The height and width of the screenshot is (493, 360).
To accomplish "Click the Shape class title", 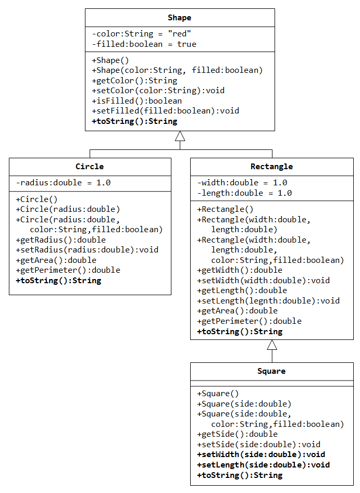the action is (179, 18).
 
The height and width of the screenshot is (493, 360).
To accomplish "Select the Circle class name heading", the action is (90, 166).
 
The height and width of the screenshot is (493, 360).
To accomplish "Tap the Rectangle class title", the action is (271, 167).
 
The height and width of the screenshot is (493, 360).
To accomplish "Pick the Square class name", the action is (271, 371).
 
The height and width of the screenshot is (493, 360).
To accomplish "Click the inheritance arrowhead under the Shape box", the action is (180, 136).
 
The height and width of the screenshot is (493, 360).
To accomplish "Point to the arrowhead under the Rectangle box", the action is (272, 345).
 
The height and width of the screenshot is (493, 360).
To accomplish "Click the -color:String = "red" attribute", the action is (141, 34).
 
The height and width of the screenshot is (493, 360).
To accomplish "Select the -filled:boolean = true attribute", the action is (144, 44).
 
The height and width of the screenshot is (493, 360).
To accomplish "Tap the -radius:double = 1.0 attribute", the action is (63, 183).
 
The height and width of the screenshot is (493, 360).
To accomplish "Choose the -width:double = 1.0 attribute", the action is (242, 183).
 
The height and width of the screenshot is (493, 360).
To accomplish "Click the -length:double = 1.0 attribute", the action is (244, 193).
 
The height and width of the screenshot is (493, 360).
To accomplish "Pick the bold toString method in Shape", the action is (135, 121).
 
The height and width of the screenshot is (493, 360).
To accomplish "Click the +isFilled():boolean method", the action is (137, 101).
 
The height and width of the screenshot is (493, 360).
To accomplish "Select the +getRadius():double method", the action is (61, 240).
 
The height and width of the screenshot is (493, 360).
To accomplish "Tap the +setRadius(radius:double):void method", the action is (87, 250).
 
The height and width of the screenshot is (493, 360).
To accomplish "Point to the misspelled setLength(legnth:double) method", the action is (268, 301).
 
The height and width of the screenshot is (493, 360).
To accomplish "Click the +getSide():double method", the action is (237, 434).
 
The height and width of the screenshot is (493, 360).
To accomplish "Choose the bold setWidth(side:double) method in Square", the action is (261, 454).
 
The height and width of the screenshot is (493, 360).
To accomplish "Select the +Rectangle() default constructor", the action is (225, 209).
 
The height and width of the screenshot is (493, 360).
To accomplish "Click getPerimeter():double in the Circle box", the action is (68, 270).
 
